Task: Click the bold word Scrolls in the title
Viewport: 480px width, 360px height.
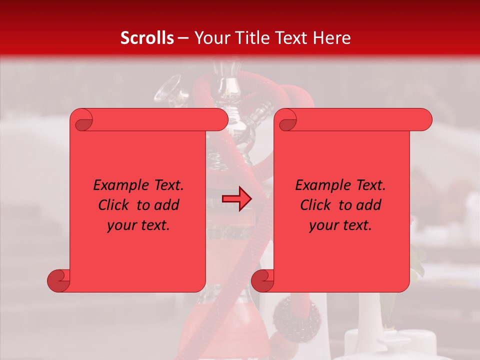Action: click(x=147, y=38)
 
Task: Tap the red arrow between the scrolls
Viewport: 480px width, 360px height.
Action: click(x=236, y=199)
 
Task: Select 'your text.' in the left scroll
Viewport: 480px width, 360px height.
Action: click(x=138, y=225)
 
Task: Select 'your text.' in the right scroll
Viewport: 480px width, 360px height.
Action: click(x=340, y=225)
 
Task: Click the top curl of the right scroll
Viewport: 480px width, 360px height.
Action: click(x=286, y=120)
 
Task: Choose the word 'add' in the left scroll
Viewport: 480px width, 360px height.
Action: click(x=167, y=205)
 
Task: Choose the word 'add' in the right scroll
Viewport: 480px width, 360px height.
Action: click(x=369, y=205)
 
